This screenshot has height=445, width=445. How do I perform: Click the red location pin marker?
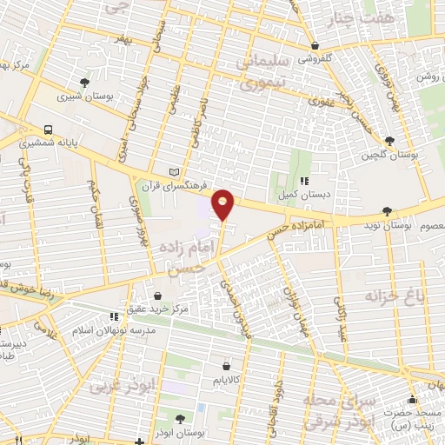click(223, 204)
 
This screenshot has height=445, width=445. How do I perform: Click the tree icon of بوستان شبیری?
click(84, 83)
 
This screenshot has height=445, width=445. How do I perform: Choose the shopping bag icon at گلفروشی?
click(315, 46)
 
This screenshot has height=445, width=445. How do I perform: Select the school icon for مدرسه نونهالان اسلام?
click(112, 317)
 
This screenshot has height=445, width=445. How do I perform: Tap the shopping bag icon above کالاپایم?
click(227, 367)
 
